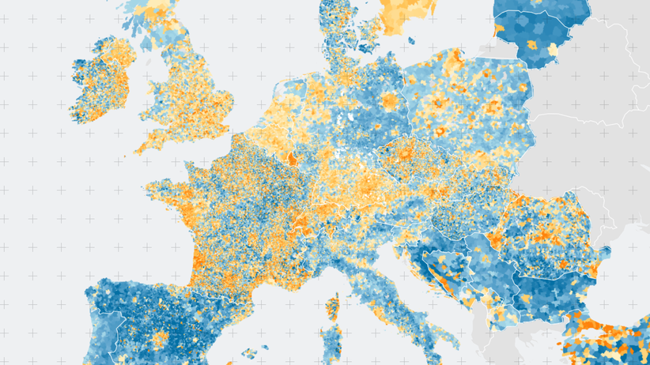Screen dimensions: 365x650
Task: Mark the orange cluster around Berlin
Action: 389,102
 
